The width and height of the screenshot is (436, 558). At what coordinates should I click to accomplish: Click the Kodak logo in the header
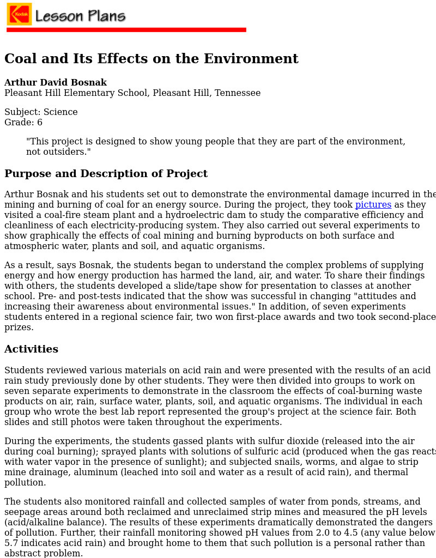pos(19,14)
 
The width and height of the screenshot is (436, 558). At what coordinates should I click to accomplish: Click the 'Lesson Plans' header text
pos(80,16)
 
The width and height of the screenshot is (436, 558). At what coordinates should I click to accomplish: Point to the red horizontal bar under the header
pos(126,29)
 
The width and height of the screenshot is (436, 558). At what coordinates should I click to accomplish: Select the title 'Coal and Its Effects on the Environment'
pos(151,59)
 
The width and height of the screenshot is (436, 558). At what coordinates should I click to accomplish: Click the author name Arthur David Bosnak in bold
pos(56,83)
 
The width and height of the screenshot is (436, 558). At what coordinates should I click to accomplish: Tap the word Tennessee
pos(238,93)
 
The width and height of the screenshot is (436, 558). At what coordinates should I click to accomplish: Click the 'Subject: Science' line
pos(41,112)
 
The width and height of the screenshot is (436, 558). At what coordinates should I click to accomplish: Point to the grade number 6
pos(40,123)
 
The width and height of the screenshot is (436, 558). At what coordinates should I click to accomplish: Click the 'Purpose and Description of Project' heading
pos(106,174)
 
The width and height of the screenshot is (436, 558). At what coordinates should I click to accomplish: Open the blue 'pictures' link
pos(373,205)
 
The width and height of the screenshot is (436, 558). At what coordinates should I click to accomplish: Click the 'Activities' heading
pos(31,349)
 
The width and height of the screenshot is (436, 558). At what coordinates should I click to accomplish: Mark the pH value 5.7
pos(11,543)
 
